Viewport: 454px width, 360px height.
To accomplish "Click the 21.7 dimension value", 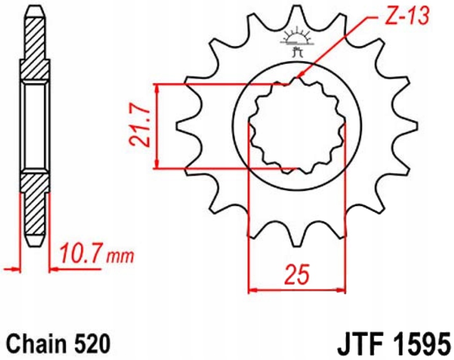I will tap(138, 126).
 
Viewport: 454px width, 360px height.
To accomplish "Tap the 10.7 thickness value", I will tap(81, 253).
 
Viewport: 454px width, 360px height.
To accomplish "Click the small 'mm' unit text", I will tap(120, 255).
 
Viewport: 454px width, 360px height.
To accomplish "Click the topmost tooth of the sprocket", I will tap(297, 13).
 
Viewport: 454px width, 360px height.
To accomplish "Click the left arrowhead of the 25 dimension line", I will tap(252, 291).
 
